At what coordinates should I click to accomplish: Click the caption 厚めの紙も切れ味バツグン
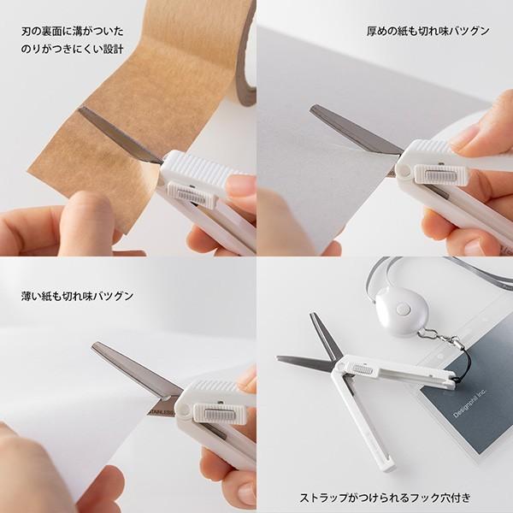point(427,32)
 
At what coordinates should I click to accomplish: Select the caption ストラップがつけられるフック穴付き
point(385,497)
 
